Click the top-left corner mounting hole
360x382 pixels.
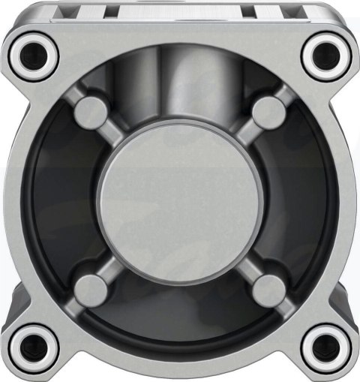click(34, 53)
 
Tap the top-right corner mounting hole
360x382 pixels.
click(327, 53)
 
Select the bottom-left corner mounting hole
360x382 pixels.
click(34, 347)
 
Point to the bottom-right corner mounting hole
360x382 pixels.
click(327, 347)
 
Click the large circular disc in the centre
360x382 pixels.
click(180, 201)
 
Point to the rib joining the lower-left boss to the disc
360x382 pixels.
click(117, 263)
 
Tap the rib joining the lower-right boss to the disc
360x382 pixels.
click(242, 263)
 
